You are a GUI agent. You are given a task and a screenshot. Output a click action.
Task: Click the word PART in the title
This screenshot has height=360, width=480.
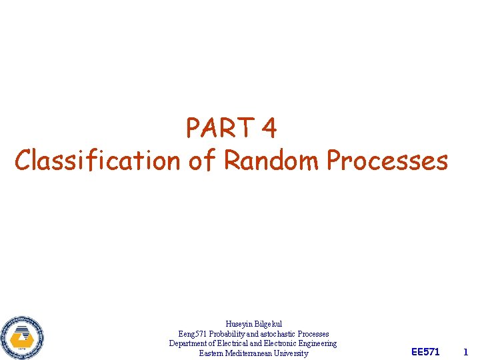(221, 127)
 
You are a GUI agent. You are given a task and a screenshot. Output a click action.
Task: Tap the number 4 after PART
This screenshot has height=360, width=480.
(269, 127)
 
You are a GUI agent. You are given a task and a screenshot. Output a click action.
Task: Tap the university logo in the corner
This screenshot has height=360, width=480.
(23, 337)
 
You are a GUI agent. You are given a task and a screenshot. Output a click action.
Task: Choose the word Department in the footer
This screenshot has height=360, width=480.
(190, 343)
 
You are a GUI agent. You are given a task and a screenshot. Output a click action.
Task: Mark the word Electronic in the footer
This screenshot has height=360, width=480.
(283, 343)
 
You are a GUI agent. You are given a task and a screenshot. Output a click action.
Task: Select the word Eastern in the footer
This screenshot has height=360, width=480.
(211, 353)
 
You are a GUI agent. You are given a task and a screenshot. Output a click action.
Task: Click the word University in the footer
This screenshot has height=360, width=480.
(293, 353)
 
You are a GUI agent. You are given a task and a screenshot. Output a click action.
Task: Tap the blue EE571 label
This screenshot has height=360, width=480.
(426, 351)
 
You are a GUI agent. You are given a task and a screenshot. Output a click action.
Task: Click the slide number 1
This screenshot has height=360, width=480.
(466, 351)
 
